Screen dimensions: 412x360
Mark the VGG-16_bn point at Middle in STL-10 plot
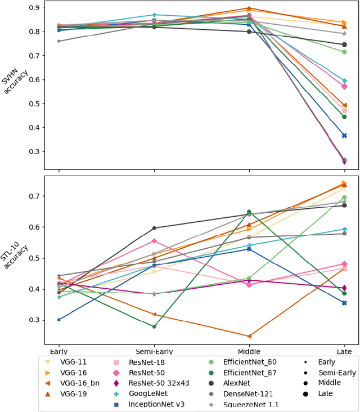point(249,336)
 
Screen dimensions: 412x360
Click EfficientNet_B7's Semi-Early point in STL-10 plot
point(154,326)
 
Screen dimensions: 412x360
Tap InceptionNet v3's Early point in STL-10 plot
point(59,319)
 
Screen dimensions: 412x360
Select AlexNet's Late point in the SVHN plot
point(344,44)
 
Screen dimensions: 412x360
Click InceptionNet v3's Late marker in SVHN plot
point(344,136)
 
